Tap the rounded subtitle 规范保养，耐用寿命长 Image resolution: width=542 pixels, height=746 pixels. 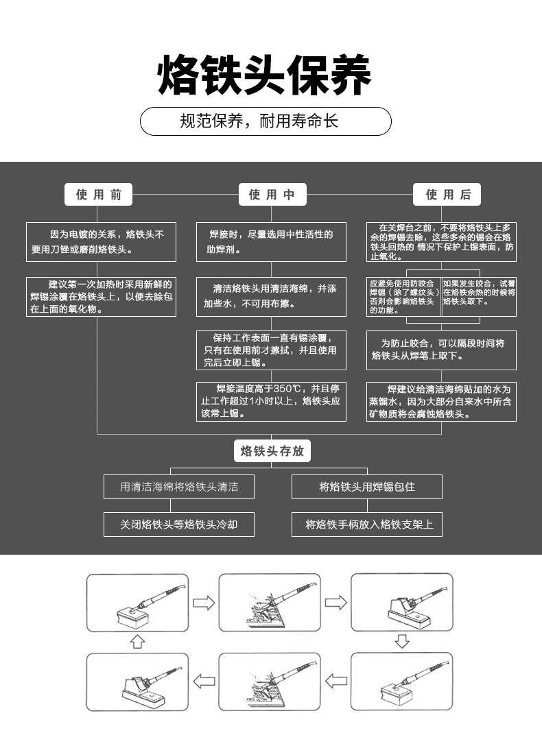[x=266, y=122]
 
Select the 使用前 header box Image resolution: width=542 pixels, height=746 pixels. [x=99, y=195]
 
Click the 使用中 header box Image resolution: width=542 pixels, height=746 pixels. [x=272, y=195]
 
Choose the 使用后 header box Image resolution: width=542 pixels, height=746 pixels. [x=447, y=195]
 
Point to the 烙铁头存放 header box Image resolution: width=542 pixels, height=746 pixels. [x=272, y=451]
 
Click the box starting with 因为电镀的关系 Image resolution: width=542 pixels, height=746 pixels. [x=101, y=241]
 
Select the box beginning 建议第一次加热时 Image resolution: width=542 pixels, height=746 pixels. [x=101, y=297]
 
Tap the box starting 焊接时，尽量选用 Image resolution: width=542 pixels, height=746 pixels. [x=271, y=241]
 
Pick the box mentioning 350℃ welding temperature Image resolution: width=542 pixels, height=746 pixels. [x=271, y=401]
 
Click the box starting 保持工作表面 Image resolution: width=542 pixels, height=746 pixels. [x=271, y=350]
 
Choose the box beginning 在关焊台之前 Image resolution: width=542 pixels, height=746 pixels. [x=441, y=241]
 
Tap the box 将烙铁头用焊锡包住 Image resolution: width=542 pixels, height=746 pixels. [x=366, y=487]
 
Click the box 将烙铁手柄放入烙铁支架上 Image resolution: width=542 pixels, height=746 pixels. [x=366, y=525]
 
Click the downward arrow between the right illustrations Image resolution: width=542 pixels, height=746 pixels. [x=402, y=642]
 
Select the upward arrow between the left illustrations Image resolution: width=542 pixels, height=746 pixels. [x=137, y=642]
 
